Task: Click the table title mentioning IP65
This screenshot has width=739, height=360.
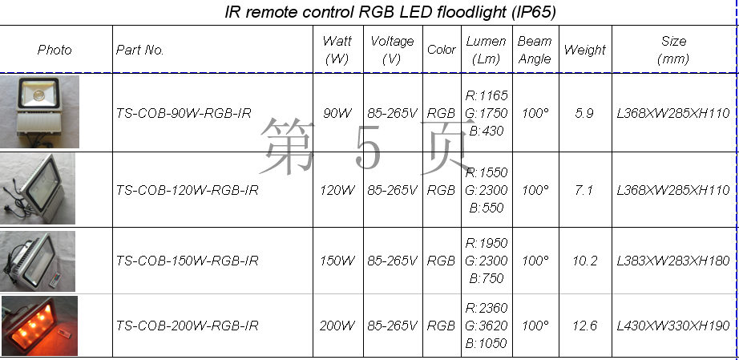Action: [390, 12]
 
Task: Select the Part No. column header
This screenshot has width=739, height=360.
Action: [139, 50]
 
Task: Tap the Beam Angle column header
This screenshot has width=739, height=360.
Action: [535, 50]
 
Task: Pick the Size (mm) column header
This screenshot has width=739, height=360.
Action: [673, 50]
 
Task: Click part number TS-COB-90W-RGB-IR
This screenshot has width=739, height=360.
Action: [184, 113]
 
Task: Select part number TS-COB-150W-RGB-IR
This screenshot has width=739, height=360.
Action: [187, 261]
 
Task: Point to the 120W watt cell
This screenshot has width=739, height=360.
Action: [337, 190]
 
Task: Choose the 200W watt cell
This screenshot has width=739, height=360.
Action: [337, 326]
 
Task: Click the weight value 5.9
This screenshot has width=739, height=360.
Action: [584, 113]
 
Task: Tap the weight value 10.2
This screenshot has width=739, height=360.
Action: [585, 261]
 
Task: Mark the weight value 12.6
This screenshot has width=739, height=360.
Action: [585, 326]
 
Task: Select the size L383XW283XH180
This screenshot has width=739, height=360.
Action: [673, 261]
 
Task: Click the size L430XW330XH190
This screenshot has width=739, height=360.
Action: [673, 326]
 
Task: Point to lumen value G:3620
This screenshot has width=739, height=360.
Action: [487, 326]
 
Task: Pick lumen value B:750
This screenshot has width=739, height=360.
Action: [487, 278]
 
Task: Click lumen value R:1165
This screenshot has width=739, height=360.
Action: [487, 95]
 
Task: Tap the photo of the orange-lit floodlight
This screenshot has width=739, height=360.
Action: [39, 326]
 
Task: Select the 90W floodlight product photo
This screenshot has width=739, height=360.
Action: [39, 111]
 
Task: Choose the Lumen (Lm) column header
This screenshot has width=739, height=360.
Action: [487, 50]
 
